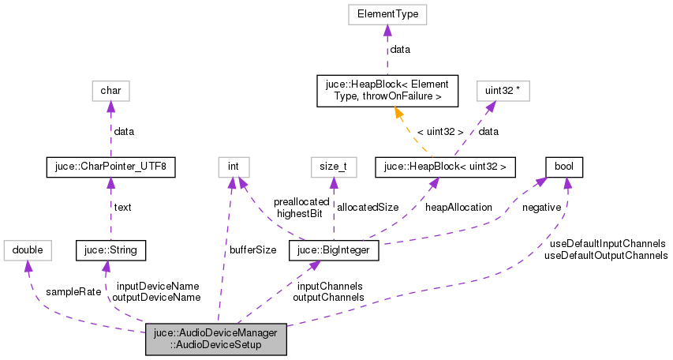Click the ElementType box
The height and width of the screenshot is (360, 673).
point(387,14)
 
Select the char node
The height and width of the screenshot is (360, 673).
point(110,91)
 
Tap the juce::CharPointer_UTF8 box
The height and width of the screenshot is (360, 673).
point(110,167)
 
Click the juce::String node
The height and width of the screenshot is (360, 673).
point(105,251)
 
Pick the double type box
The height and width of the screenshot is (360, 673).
point(28,251)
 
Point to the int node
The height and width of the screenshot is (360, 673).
point(234,167)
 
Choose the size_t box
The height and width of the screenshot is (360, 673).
point(333,167)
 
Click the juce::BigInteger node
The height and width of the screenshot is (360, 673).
point(335,251)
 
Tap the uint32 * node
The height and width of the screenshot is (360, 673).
point(502,91)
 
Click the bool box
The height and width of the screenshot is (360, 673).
point(564,167)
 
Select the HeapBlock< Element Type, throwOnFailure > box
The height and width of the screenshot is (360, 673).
point(383,91)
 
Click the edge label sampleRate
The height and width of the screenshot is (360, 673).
point(73,291)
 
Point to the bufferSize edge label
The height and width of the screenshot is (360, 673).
point(252,249)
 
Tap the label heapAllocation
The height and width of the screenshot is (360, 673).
point(458,207)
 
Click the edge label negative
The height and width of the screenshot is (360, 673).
point(541,207)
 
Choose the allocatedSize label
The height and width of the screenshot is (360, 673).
point(367,207)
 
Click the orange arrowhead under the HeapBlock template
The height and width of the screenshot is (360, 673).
point(399,114)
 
